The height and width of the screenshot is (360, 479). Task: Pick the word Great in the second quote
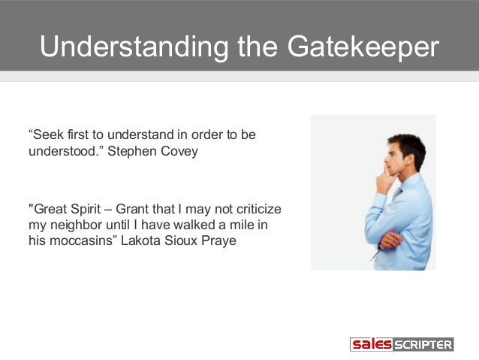point(49,208)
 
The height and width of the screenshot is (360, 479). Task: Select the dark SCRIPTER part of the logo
point(423,345)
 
